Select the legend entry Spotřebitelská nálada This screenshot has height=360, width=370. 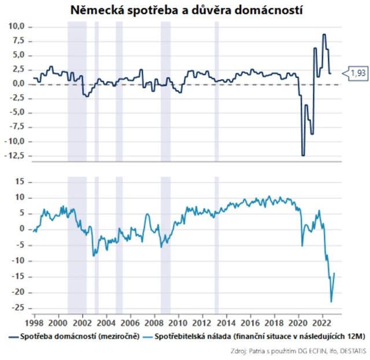(x=191, y=336)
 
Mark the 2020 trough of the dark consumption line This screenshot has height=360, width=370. (x=303, y=155)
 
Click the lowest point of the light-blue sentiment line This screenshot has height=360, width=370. (x=331, y=301)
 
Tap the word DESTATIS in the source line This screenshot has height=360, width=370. (x=351, y=351)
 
